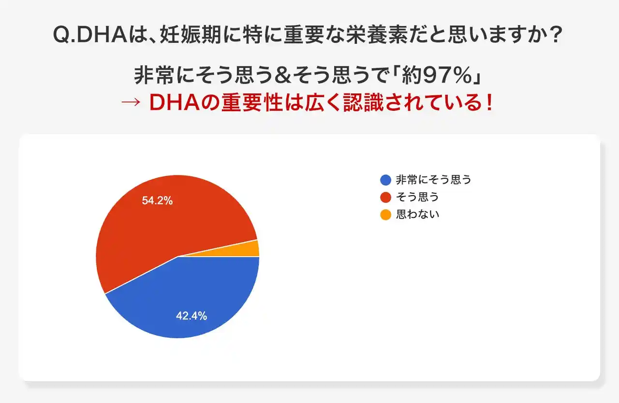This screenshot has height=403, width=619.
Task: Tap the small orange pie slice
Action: pyautogui.click(x=249, y=249)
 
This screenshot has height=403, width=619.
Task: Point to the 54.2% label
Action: pyautogui.click(x=157, y=201)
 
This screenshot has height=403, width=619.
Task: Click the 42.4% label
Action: pyautogui.click(x=192, y=316)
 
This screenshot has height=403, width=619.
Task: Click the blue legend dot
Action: pyautogui.click(x=385, y=180)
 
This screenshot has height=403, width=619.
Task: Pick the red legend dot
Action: pyautogui.click(x=385, y=197)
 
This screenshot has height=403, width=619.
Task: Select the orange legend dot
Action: pyautogui.click(x=385, y=215)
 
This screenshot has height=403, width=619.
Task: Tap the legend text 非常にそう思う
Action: pyautogui.click(x=433, y=180)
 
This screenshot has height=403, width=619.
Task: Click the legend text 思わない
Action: pyautogui.click(x=417, y=215)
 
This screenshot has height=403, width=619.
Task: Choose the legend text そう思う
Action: pyautogui.click(x=417, y=197)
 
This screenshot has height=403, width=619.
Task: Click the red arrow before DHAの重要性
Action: pyautogui.click(x=131, y=102)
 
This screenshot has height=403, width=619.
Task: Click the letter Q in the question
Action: pyautogui.click(x=61, y=35)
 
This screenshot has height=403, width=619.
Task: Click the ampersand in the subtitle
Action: pyautogui.click(x=283, y=75)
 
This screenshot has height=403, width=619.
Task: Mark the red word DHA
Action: pyautogui.click(x=175, y=102)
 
